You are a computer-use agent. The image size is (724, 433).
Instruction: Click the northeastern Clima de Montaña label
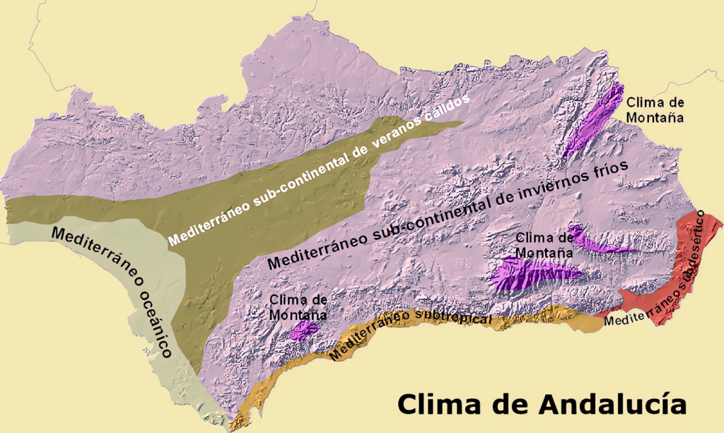click(655, 109)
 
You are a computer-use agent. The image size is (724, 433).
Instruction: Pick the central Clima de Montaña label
click(544, 244)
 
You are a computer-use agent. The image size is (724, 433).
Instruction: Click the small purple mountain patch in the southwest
click(305, 329)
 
